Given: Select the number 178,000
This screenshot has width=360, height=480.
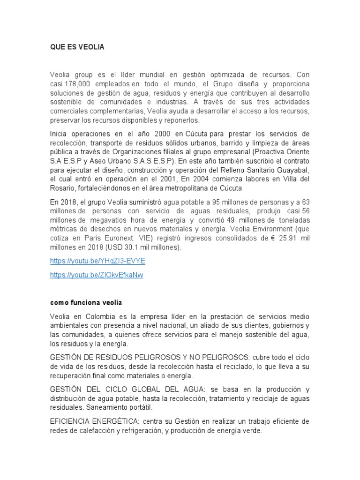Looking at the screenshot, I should click(75, 83).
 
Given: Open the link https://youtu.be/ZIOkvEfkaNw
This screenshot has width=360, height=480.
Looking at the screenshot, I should click(96, 275).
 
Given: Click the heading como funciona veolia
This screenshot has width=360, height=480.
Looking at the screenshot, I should click(86, 303).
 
